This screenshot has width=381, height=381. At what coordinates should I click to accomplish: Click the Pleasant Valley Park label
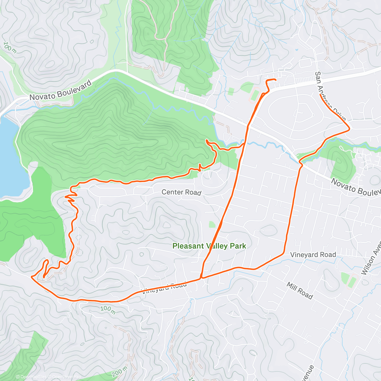[209, 246]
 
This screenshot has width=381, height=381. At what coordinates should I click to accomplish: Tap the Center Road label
[181, 192]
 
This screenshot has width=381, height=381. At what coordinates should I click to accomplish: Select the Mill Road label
[300, 291]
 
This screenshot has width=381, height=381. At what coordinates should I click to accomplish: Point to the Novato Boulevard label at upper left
[60, 90]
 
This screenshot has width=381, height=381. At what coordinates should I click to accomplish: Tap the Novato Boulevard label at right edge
[356, 187]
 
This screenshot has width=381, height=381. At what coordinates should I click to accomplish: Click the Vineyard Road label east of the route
[313, 255]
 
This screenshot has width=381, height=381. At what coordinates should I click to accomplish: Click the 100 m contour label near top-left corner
[10, 47]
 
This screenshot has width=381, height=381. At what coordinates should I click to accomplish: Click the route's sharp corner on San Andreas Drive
[350, 128]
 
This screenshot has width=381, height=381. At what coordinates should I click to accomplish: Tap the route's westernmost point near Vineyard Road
[31, 277]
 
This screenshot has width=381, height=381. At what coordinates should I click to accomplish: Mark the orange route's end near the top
[275, 79]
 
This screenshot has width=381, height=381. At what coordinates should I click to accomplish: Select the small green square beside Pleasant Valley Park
[212, 224]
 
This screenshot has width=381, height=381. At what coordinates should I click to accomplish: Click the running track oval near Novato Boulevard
[255, 96]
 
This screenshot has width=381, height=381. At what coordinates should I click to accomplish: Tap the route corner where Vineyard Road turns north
[284, 253]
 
